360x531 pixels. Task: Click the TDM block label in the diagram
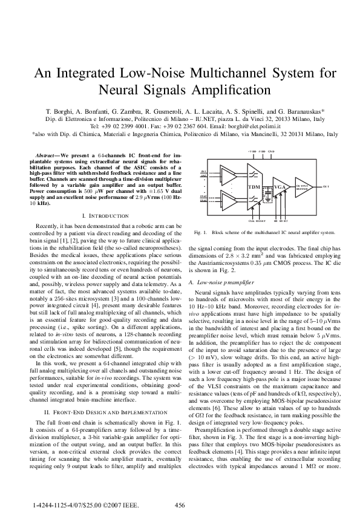click(254, 187)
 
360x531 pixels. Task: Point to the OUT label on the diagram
click(326, 187)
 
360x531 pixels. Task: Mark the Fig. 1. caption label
click(200, 232)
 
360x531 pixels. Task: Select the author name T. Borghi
click(59, 112)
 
